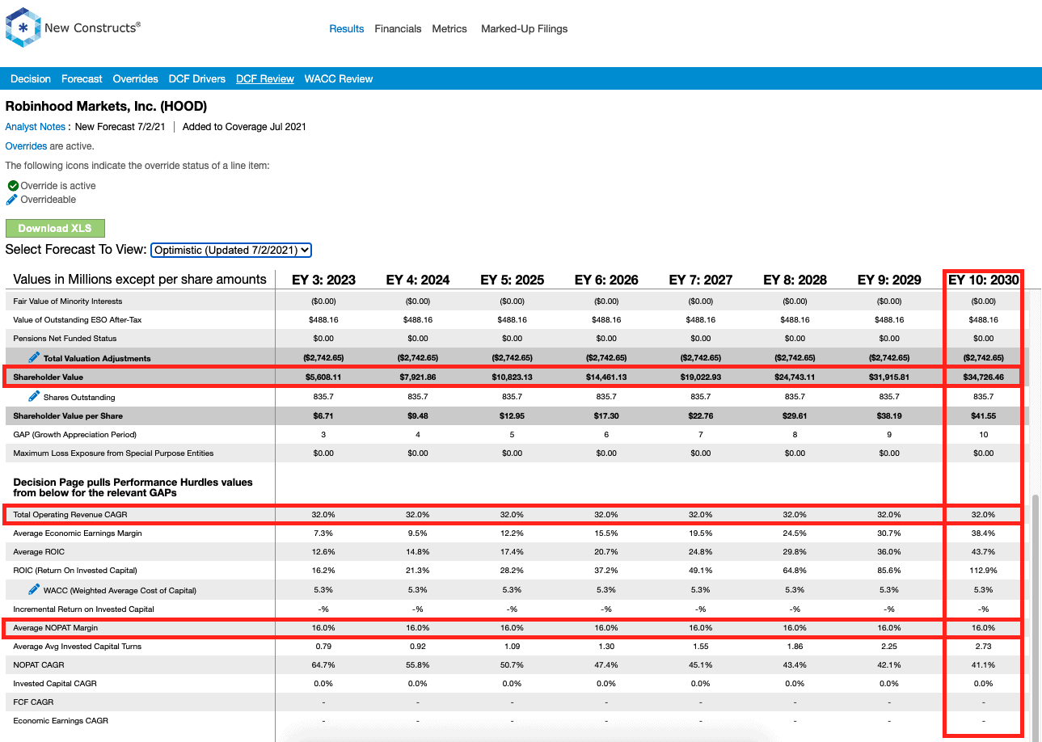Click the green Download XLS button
[x=55, y=228]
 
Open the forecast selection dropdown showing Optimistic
[x=230, y=251]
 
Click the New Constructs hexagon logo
[x=23, y=27]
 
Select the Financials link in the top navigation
[x=398, y=29]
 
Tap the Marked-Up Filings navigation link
[x=525, y=29]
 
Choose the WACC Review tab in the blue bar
[x=339, y=79]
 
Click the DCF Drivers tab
[x=196, y=79]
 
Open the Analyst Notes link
[x=35, y=127]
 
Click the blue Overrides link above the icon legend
[x=26, y=146]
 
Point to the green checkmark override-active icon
[x=13, y=186]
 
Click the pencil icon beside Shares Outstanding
[x=34, y=396]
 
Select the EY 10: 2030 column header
[x=983, y=280]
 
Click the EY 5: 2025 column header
[x=513, y=280]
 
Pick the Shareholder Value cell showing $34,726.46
[x=983, y=377]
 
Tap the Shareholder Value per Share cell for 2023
[x=323, y=416]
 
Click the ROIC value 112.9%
[x=983, y=571]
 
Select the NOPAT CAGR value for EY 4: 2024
[x=418, y=665]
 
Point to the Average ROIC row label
[x=39, y=552]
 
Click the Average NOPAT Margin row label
[x=55, y=628]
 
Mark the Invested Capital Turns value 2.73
[x=983, y=647]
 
